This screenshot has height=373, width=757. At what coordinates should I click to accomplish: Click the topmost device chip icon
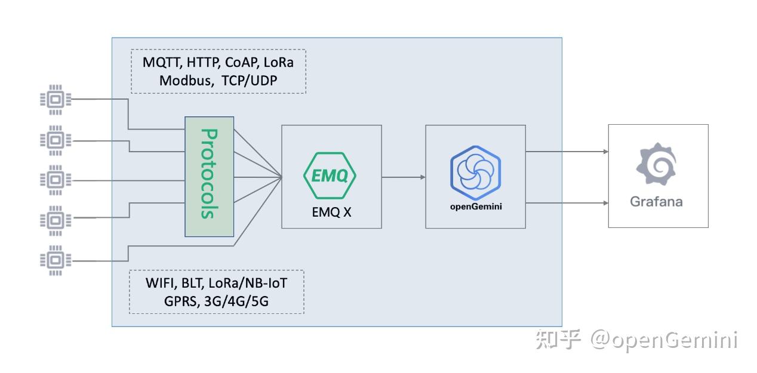(x=56, y=99)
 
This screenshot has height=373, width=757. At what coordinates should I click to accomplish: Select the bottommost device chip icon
(x=56, y=260)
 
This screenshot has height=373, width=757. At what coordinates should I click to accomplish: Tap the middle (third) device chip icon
(x=56, y=180)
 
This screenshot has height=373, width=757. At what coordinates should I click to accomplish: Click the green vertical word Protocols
(x=208, y=174)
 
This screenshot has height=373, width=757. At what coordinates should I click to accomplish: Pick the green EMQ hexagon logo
(x=330, y=175)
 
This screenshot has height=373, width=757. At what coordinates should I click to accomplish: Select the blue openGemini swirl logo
(x=475, y=172)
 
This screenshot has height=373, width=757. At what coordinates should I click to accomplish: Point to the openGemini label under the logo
(x=475, y=207)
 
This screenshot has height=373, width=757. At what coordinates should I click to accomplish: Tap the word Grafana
(x=656, y=202)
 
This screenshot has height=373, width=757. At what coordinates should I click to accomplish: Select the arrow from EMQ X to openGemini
(x=403, y=177)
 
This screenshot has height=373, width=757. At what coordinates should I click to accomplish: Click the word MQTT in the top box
(x=162, y=62)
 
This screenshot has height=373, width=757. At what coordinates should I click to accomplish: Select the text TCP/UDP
(x=250, y=81)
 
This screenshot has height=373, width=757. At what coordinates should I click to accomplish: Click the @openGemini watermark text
(x=664, y=340)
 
